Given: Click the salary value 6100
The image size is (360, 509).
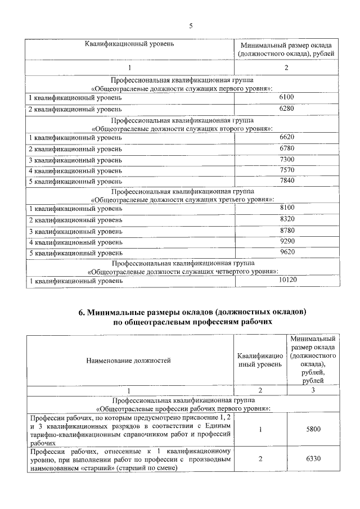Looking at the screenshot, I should [x=286, y=97].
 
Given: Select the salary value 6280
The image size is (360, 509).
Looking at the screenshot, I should [x=286, y=108].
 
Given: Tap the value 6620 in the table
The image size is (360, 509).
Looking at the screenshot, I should [x=286, y=137].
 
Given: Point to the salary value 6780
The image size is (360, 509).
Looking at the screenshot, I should [x=286, y=148].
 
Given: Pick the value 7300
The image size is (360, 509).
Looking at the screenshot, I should [x=286, y=160].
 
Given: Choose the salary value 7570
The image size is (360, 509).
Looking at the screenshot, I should [x=286, y=170].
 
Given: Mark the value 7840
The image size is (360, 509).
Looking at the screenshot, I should [x=286, y=181].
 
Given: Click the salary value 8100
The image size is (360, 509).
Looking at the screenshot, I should [x=286, y=208].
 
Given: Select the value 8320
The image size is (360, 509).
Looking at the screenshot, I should [x=286, y=219].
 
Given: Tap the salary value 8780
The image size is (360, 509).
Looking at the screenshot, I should [x=286, y=231].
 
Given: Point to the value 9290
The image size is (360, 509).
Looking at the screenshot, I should [x=286, y=242].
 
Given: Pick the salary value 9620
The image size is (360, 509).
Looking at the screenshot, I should [x=286, y=253].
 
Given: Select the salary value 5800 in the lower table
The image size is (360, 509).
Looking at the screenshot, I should [x=313, y=429].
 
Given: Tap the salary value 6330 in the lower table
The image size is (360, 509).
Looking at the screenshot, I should [x=313, y=459].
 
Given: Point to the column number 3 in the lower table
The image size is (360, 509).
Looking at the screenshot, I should [x=313, y=390].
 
